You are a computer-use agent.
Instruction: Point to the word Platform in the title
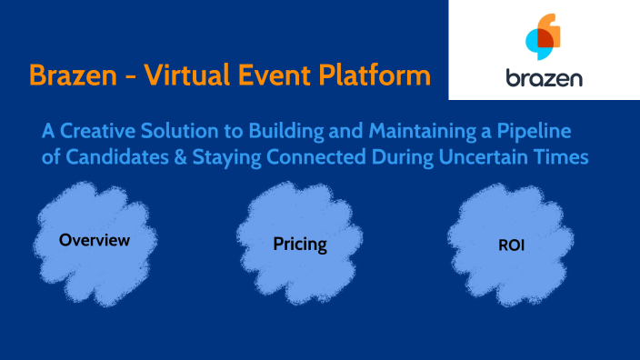pos(374,74)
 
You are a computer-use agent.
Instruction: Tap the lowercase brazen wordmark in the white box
pos(544,77)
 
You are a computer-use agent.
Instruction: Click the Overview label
pos(95,241)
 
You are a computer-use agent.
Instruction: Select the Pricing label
pos(300,245)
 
